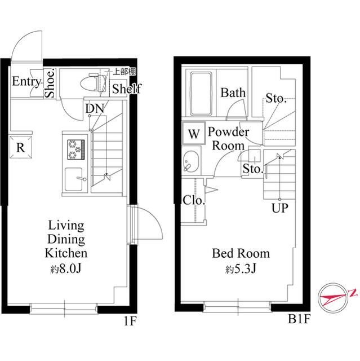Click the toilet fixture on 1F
click(94, 83)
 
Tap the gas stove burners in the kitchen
click(76, 149)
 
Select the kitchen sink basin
click(74, 179)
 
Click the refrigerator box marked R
click(21, 147)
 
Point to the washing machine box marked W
click(194, 134)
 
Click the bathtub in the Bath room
click(201, 94)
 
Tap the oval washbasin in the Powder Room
click(191, 161)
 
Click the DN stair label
click(95, 108)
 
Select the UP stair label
click(280, 208)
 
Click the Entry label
click(26, 81)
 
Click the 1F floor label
click(130, 321)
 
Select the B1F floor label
click(299, 319)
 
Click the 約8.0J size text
click(66, 268)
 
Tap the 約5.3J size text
click(241, 268)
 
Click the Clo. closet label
click(194, 200)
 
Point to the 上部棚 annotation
click(125, 72)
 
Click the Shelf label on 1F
click(126, 89)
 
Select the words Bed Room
click(241, 253)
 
